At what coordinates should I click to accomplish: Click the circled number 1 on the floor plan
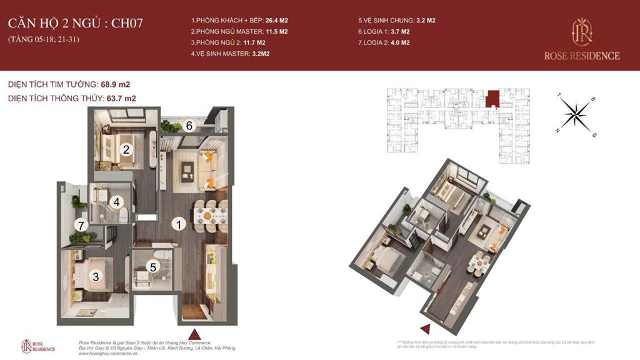[178, 223]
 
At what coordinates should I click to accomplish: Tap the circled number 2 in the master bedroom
[126, 149]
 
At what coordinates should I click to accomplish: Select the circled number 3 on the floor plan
[96, 276]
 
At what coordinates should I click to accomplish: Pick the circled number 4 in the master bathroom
[116, 202]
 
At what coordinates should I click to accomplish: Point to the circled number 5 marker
[152, 266]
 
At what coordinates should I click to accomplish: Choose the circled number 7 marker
[79, 224]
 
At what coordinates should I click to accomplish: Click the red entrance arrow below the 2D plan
[194, 333]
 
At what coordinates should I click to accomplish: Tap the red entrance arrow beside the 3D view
[425, 329]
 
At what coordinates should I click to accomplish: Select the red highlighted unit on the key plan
[493, 98]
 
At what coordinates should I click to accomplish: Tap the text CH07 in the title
[127, 24]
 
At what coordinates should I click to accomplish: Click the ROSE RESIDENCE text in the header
[582, 56]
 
